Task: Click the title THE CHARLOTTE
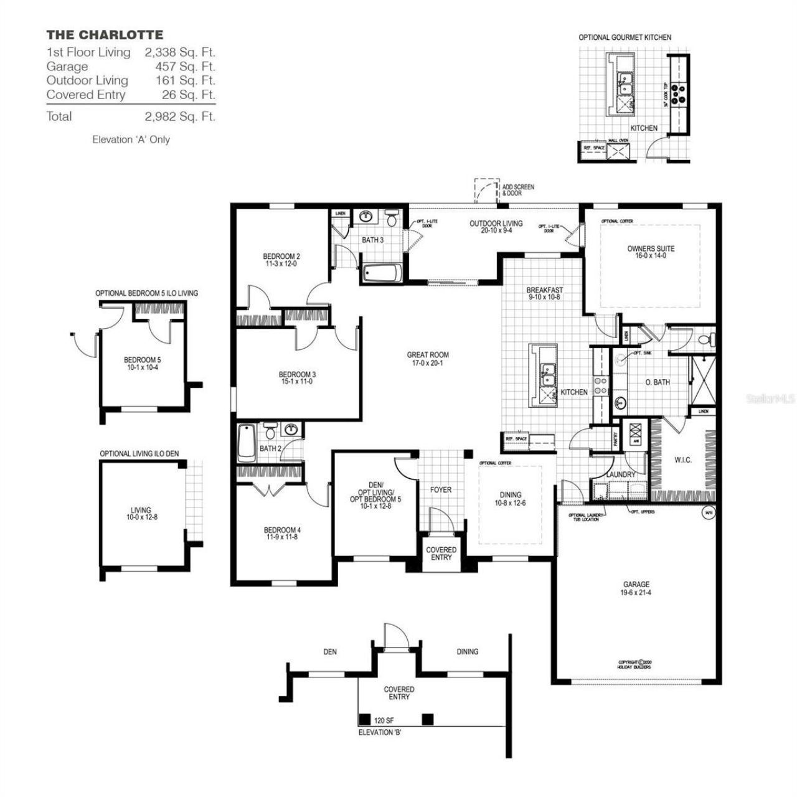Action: point(105,35)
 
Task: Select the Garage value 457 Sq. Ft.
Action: point(185,67)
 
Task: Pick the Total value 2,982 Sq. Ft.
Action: point(180,116)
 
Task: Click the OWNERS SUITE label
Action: point(650,252)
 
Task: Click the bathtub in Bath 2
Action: point(246,443)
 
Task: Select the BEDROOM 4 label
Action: point(282,533)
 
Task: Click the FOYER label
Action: point(441,490)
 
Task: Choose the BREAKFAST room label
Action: point(544,293)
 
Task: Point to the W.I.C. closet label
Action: point(682,461)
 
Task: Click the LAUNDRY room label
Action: point(620,474)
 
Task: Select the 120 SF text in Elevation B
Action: point(384,720)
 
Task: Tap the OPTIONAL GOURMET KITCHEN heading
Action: point(625,37)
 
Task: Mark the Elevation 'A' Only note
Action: point(131,140)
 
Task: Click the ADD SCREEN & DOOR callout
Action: point(517,190)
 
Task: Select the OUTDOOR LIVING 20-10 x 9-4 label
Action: point(496,227)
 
